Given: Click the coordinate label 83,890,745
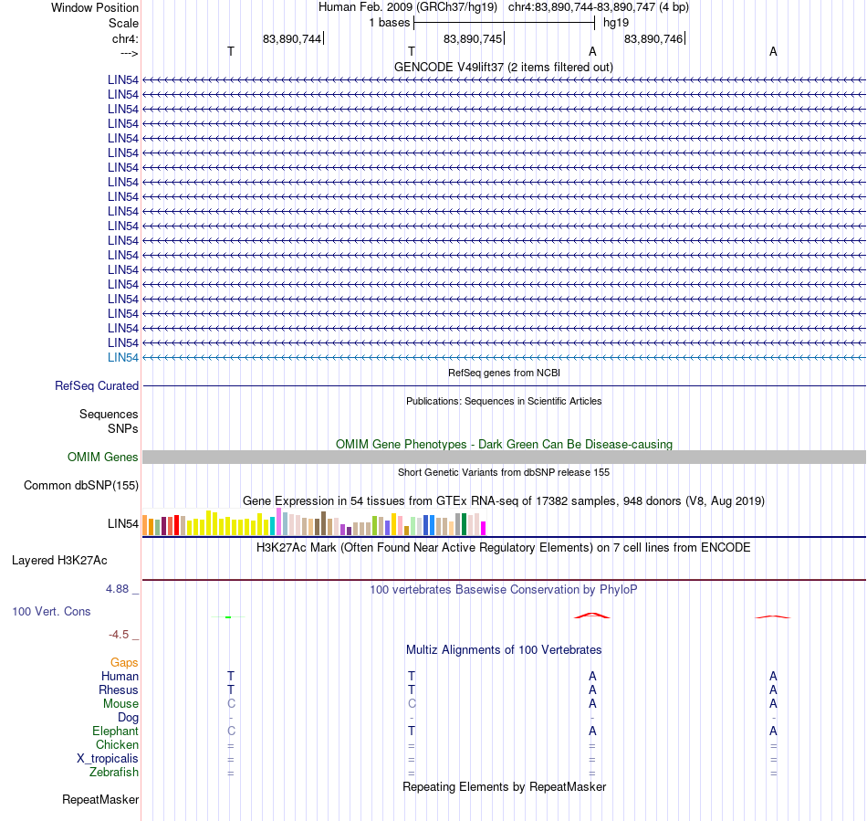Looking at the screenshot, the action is click(473, 38).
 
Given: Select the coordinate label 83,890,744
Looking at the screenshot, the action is click(292, 38).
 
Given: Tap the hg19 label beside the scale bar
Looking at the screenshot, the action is click(616, 23).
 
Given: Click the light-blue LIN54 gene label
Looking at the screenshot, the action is click(123, 357).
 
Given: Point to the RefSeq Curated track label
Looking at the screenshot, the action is click(97, 385).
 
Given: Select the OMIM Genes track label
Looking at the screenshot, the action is click(103, 457).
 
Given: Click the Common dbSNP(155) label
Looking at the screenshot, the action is click(81, 485).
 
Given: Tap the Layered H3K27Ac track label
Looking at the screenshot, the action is click(59, 561).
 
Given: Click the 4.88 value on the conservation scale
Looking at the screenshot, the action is click(117, 589).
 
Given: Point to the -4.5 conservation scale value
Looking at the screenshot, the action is click(119, 634).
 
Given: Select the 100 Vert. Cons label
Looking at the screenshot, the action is click(51, 611).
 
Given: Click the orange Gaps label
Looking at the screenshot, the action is click(124, 662).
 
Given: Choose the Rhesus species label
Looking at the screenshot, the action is click(119, 689).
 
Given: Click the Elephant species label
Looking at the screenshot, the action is click(115, 731).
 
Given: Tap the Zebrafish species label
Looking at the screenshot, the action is click(114, 772).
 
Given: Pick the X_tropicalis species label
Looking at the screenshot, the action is click(108, 759).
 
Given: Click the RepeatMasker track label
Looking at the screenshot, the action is click(100, 799).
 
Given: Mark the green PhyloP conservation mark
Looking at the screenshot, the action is click(228, 616).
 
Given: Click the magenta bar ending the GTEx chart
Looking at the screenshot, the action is click(484, 529).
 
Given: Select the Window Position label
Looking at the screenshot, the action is click(95, 7).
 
